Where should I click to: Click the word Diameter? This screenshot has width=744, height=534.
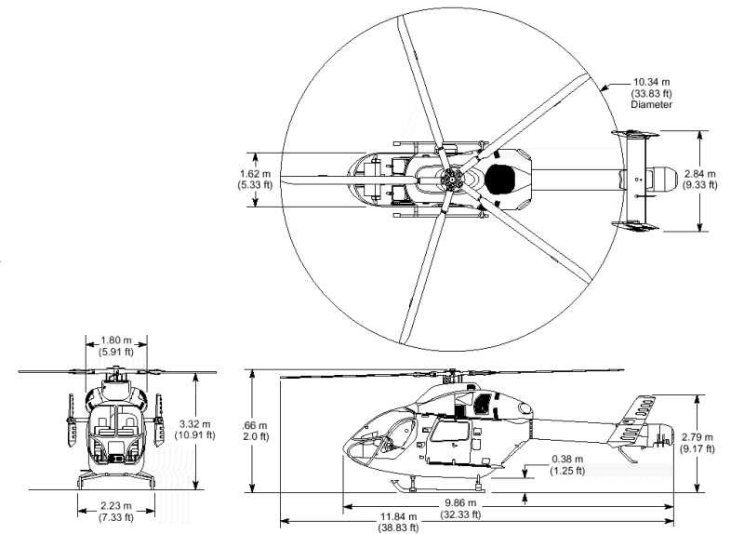[x=652, y=104]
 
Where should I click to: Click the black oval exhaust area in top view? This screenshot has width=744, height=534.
[x=500, y=180]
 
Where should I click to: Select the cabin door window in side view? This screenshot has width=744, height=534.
[x=449, y=431]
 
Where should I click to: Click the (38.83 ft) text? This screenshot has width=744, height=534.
[x=399, y=527]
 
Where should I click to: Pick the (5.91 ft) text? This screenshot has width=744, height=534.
[x=116, y=352]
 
